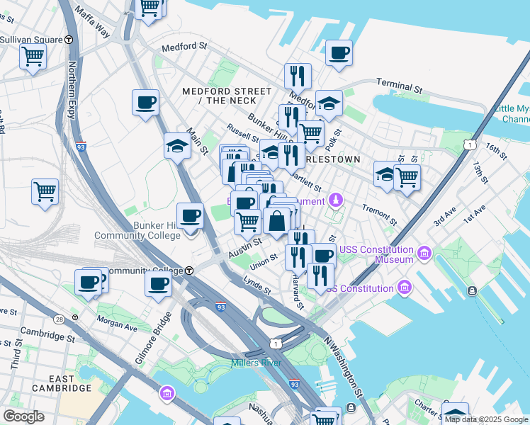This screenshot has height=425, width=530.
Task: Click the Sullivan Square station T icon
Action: [69, 40]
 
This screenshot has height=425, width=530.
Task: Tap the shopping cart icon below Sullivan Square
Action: [33, 57]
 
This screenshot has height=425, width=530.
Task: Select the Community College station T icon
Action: [189, 271]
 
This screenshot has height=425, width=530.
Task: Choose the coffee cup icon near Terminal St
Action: [339, 52]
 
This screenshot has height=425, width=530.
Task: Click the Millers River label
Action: [256, 363]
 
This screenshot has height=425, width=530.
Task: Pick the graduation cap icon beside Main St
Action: [177, 147]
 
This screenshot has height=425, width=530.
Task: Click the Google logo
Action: [23, 416]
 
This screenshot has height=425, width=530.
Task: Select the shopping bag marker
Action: [278, 220]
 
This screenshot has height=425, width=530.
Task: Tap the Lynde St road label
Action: [257, 285]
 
